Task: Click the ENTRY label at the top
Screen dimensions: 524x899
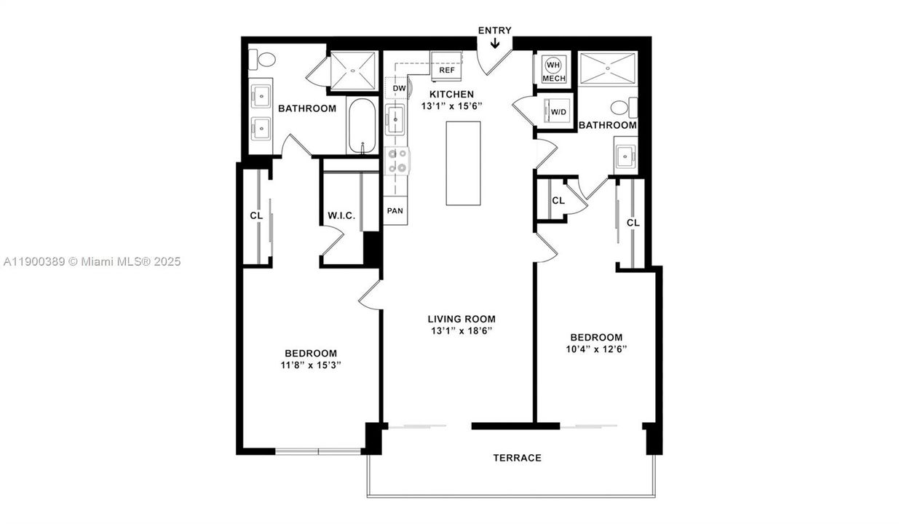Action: (x=494, y=31)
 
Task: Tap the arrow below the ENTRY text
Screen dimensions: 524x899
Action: (x=495, y=44)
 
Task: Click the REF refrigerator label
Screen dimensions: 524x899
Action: (x=446, y=71)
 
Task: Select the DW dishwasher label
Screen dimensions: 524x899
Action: (x=399, y=89)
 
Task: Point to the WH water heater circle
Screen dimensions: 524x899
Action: (x=553, y=64)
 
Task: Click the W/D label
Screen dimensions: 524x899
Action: (x=558, y=112)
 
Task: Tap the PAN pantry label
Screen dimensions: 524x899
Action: (x=395, y=211)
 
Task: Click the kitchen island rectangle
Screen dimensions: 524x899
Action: (x=463, y=164)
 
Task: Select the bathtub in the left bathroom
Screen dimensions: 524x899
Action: (x=362, y=127)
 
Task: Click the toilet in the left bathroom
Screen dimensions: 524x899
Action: (x=266, y=59)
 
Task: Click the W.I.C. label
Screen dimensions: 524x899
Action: (x=341, y=216)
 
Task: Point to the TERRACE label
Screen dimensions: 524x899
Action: (x=517, y=458)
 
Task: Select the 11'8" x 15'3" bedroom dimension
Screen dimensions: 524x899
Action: (x=311, y=365)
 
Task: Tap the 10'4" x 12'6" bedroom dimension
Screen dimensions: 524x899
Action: (x=596, y=349)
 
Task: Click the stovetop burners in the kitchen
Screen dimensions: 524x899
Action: (x=397, y=160)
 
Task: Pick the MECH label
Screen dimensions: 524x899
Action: (x=553, y=78)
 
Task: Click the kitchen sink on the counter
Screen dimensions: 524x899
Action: (x=395, y=119)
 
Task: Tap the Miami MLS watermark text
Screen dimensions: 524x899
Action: (x=92, y=261)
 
